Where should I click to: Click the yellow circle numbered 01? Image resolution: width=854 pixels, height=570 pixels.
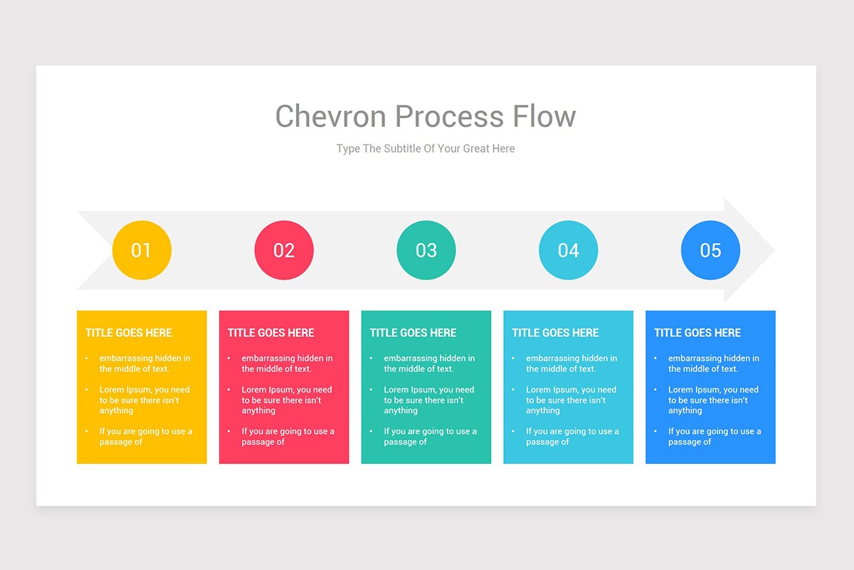(142, 250)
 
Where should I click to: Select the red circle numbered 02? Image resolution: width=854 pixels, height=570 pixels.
(284, 250)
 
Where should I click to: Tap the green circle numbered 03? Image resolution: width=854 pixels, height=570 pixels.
(426, 250)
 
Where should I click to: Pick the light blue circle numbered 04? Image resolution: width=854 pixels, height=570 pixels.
(569, 250)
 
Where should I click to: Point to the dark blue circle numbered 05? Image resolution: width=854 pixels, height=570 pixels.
(710, 250)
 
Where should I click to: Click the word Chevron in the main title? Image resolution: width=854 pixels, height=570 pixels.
(330, 116)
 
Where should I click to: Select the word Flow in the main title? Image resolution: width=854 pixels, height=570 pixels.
(544, 116)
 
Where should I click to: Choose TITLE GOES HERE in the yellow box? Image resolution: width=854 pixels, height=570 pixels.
(129, 333)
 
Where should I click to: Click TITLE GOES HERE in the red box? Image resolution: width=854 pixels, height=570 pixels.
(271, 333)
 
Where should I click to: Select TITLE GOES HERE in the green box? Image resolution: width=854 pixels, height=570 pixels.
(413, 333)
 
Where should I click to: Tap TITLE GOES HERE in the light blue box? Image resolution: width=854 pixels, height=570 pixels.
(556, 333)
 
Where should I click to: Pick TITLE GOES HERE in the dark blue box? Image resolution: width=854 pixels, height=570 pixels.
(697, 333)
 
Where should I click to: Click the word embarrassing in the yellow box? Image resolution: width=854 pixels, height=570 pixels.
(126, 358)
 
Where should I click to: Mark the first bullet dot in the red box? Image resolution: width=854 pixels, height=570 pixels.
(228, 358)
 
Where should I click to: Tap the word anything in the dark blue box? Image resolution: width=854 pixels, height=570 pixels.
(685, 410)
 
